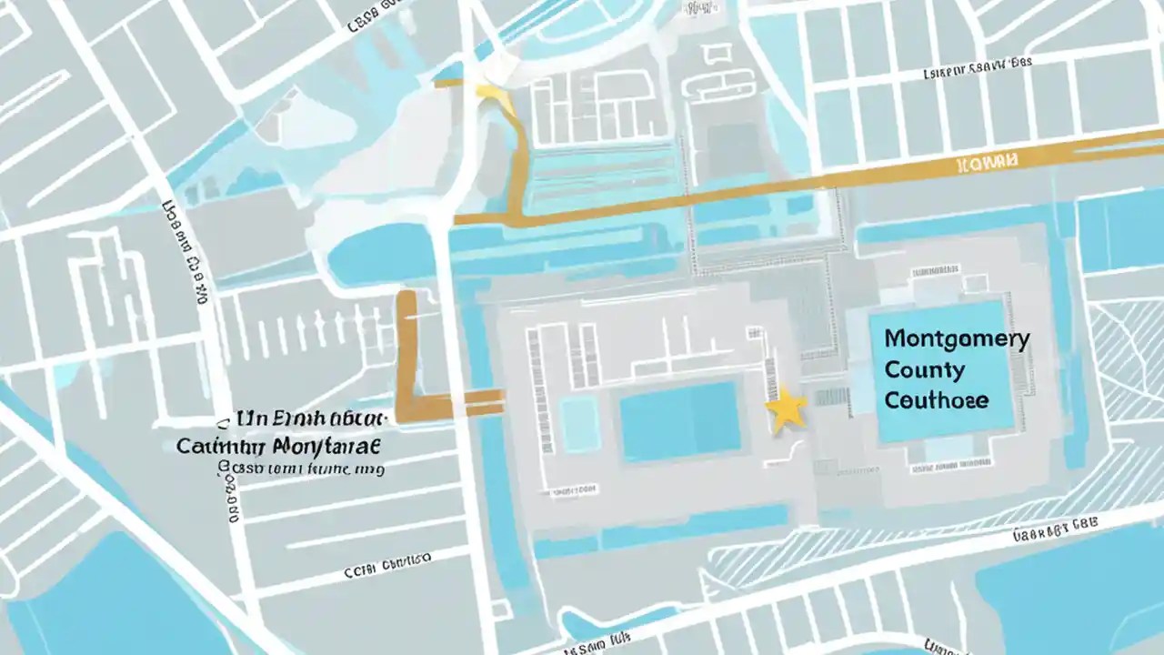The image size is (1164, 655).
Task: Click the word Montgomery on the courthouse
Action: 957,339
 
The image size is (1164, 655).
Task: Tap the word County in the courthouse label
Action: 924,369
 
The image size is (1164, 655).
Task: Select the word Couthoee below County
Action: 936,399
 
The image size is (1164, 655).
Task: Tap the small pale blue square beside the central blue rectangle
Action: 579,423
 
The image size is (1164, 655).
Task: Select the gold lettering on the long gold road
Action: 987,163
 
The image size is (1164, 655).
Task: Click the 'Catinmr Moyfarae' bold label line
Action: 278,447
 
